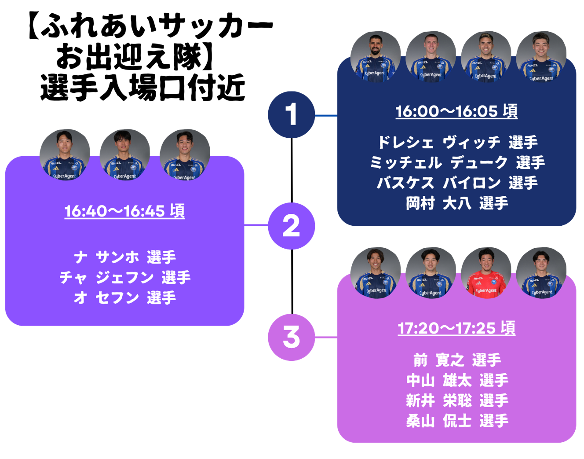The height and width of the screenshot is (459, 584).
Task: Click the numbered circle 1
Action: [x=291, y=115]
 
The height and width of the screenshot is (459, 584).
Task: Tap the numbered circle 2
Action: [x=291, y=226]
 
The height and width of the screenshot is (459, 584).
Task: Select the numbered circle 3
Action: [x=291, y=337]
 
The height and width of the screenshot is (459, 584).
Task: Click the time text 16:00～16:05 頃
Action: [x=456, y=111]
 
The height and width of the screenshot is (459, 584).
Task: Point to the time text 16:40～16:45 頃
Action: [x=124, y=211]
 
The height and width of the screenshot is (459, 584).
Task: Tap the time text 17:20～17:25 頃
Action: [x=456, y=328]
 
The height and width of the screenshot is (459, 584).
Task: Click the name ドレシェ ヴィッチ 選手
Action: [x=457, y=143]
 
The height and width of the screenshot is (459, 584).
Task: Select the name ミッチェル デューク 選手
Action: [x=457, y=163]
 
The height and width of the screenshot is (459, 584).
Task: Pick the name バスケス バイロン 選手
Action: [x=457, y=183]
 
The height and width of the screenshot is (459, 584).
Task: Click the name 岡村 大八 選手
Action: [x=457, y=203]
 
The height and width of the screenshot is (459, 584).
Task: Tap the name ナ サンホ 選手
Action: [x=125, y=257]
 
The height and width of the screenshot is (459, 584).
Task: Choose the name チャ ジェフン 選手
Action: [x=125, y=278]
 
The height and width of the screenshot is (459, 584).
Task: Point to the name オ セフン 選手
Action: [x=125, y=298]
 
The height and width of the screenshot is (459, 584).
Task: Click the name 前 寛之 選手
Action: [x=457, y=360]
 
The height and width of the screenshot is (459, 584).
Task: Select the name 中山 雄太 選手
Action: [x=457, y=381]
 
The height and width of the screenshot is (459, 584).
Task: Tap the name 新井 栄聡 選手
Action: [x=457, y=401]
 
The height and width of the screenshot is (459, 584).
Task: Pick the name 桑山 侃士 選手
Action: [x=457, y=421]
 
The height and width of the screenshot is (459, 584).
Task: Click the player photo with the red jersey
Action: [x=486, y=272]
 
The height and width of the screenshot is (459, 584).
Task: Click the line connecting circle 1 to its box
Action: [x=326, y=116]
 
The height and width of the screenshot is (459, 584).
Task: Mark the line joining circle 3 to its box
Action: [x=326, y=338]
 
